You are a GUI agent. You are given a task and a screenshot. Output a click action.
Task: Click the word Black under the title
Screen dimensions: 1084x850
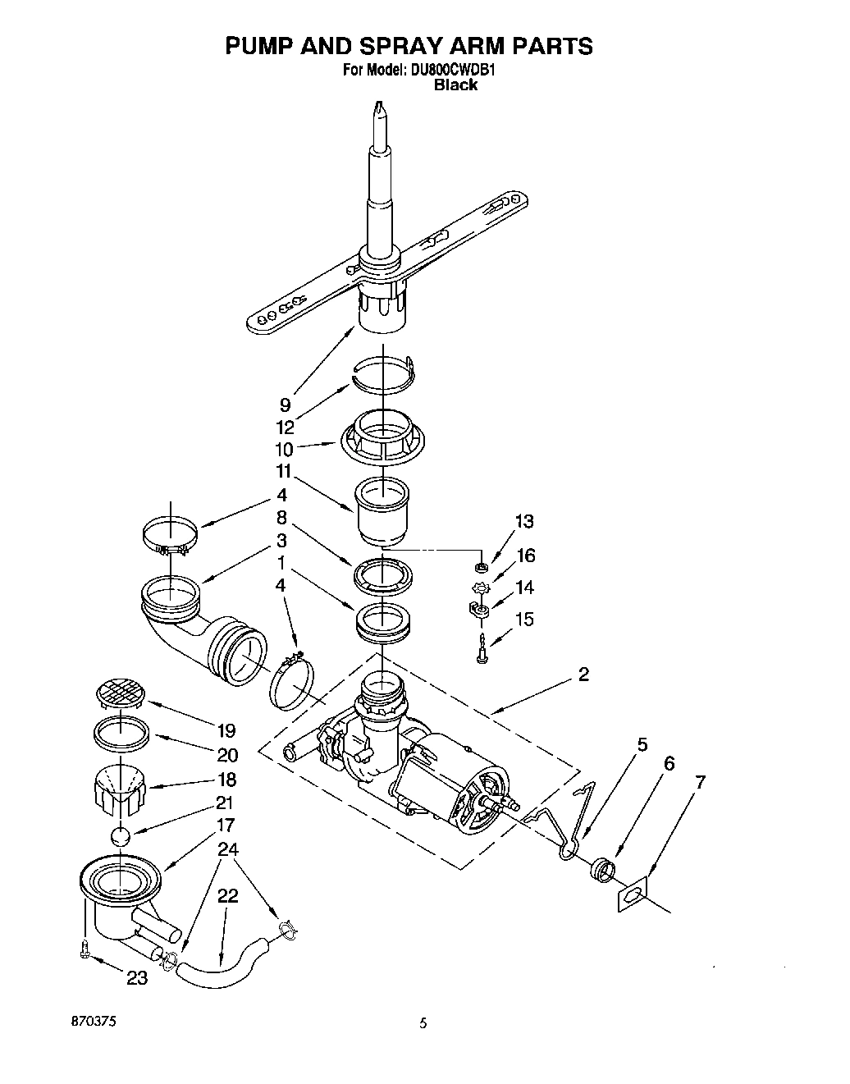point(455,85)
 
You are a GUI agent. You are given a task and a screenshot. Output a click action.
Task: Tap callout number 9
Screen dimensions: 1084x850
point(285,405)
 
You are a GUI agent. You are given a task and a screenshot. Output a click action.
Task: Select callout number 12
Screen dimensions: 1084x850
point(285,427)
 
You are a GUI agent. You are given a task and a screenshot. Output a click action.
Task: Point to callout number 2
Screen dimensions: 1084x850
point(583,675)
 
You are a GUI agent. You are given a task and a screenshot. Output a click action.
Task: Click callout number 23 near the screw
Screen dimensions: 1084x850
point(137,977)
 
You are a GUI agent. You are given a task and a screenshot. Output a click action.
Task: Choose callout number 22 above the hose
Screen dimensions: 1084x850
point(227,896)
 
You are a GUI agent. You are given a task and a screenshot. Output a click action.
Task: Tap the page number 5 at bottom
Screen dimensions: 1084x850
point(423,1022)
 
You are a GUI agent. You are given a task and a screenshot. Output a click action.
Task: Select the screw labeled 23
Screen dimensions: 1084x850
point(85,950)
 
